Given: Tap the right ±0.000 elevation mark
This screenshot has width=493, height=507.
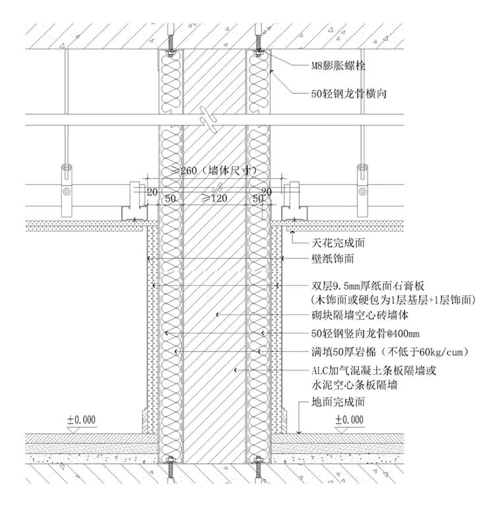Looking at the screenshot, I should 349,419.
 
